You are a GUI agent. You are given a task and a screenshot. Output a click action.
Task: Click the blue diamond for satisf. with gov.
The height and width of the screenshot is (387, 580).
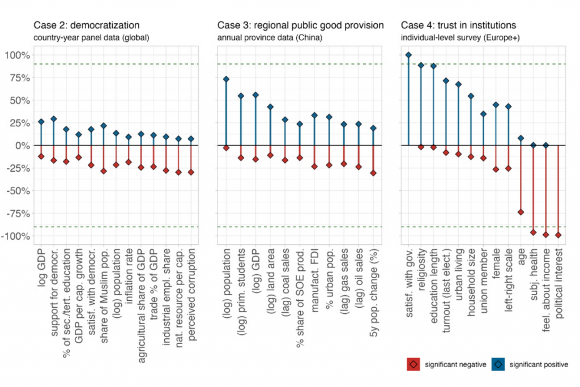pyautogui.click(x=408, y=55)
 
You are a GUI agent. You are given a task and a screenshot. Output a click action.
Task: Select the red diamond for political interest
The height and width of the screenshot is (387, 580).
pyautogui.click(x=558, y=235)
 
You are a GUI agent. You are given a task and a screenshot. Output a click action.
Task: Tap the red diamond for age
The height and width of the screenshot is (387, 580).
pyautogui.click(x=521, y=212)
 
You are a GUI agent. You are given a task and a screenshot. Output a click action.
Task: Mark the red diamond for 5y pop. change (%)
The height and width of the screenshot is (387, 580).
pyautogui.click(x=373, y=173)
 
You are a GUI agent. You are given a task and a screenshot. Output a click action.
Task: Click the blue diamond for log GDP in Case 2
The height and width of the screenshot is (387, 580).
pyautogui.click(x=41, y=121)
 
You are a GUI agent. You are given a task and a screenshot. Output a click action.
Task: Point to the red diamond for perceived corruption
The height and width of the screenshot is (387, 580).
pyautogui.click(x=191, y=172)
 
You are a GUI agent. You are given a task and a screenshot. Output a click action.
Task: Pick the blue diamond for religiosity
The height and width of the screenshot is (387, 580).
pyautogui.click(x=421, y=65)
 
